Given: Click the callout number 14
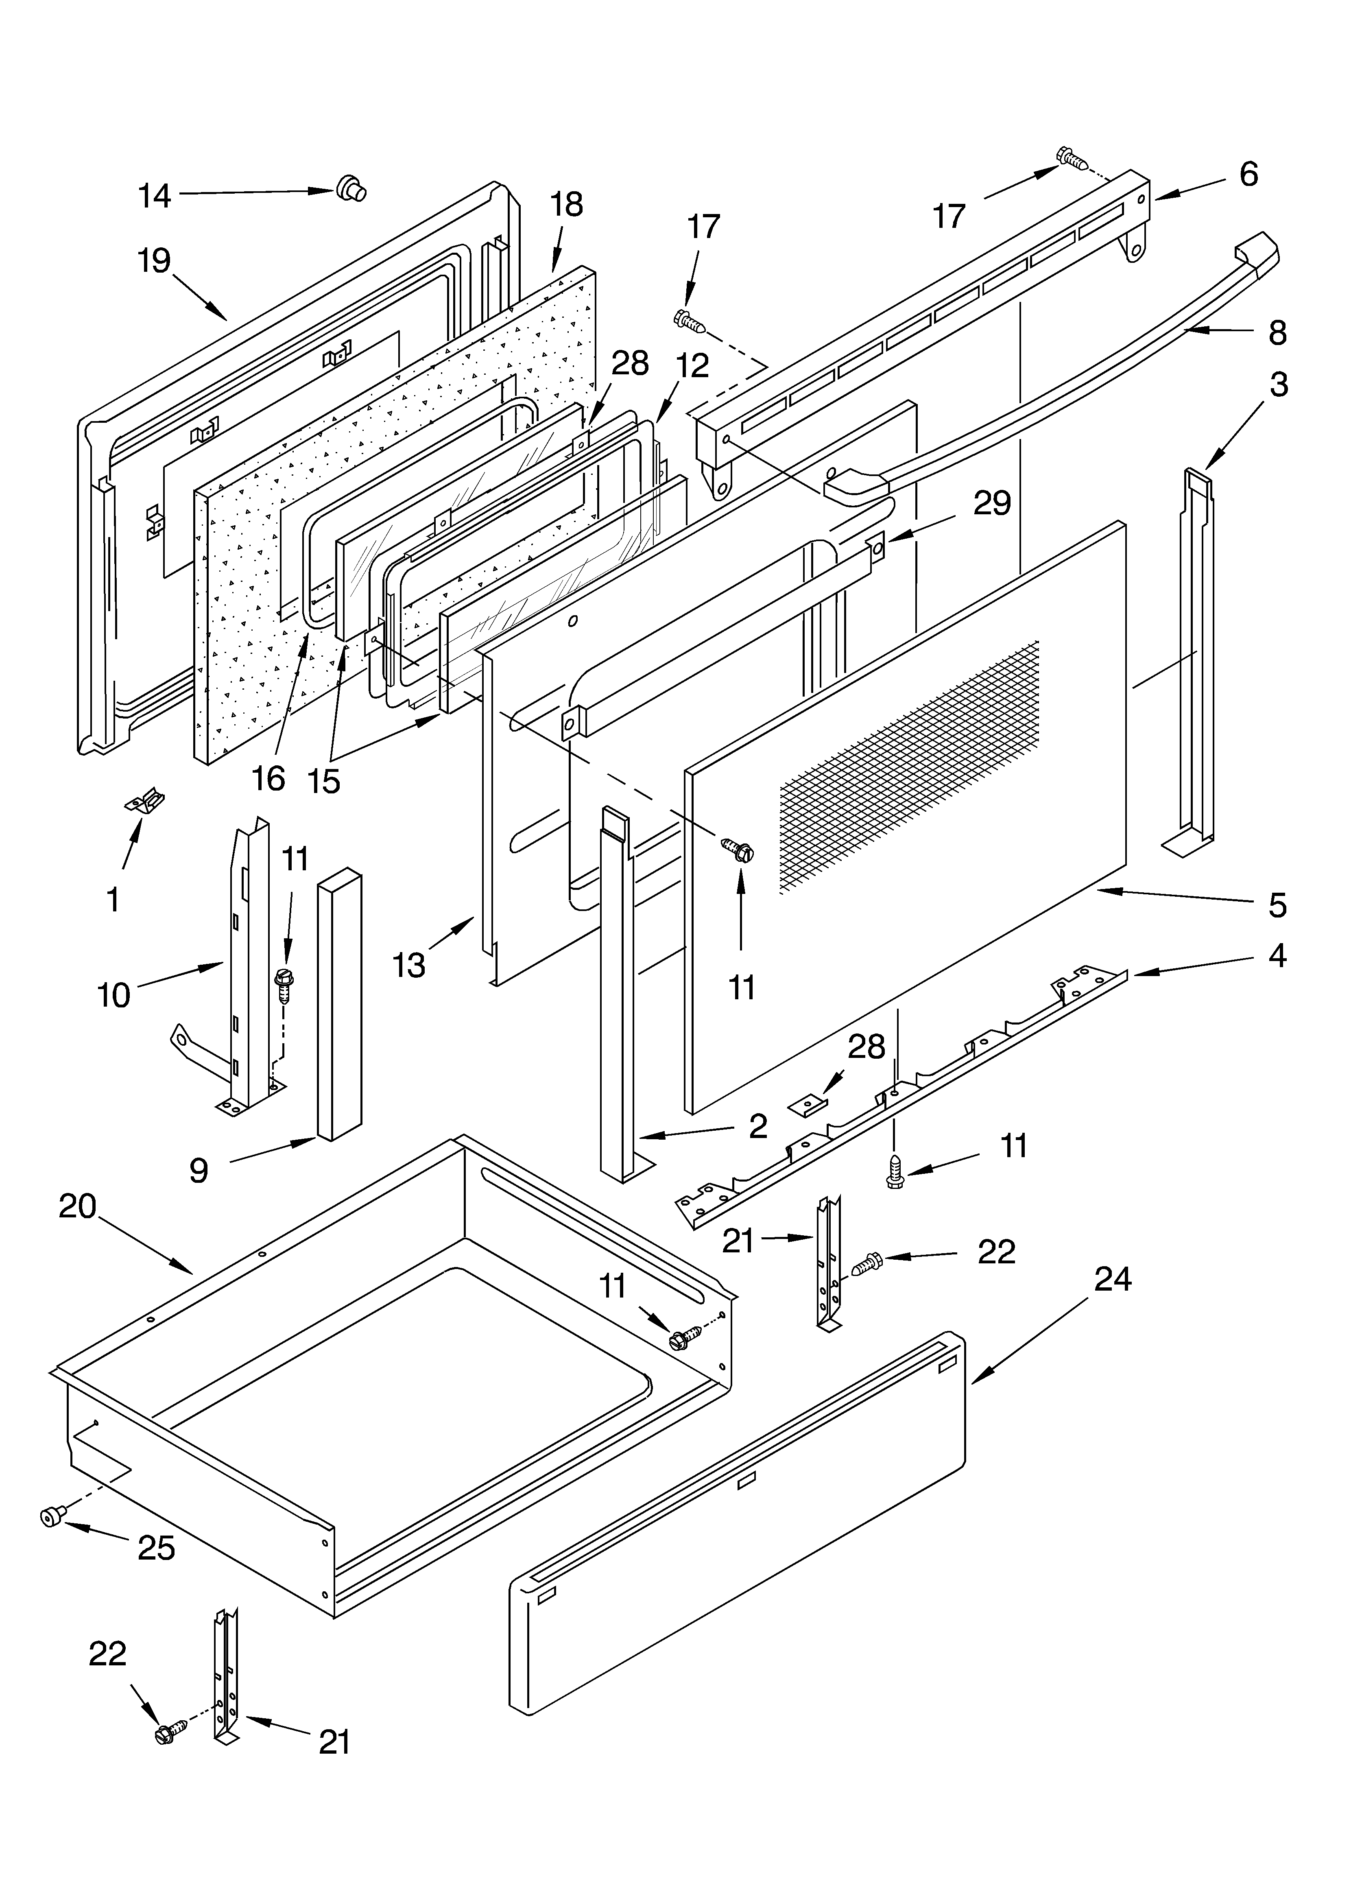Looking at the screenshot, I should pos(154,197).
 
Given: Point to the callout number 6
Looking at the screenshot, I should pos(1248,174).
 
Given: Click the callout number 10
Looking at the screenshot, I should pos(113,994).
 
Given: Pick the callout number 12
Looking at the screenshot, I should pos(692,366).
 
